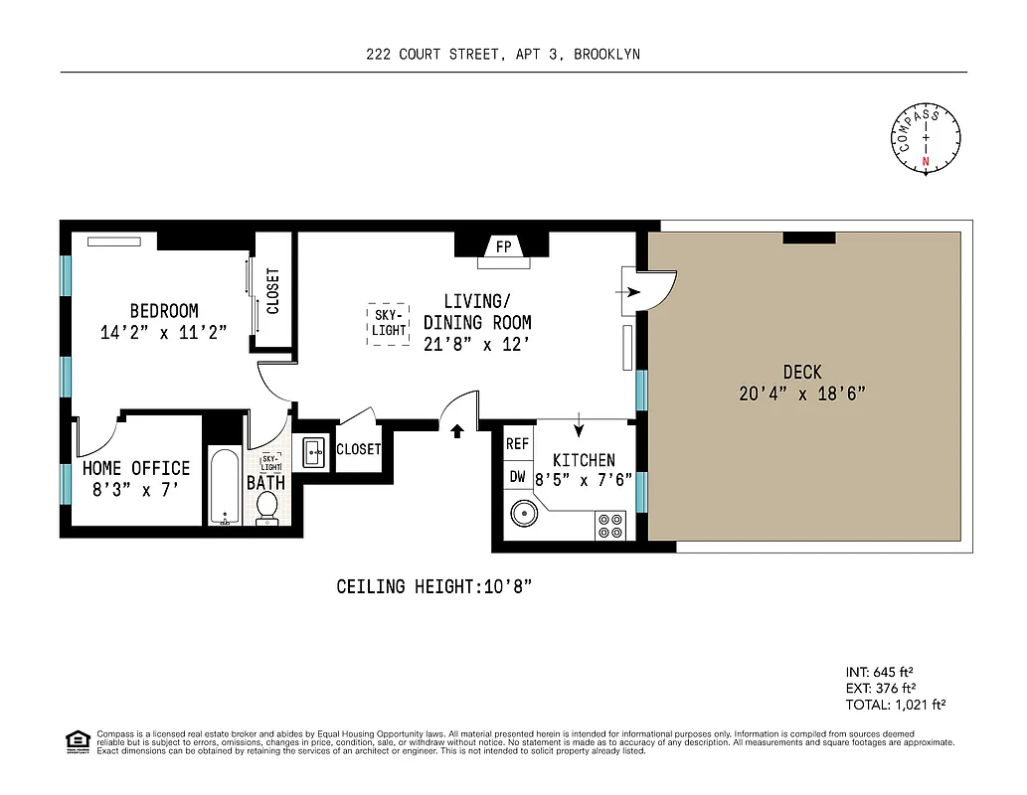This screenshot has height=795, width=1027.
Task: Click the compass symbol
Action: (926, 138)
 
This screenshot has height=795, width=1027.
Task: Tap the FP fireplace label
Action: (503, 245)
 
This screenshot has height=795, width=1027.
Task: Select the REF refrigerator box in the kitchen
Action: (517, 444)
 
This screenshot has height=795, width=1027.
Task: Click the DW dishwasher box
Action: (517, 476)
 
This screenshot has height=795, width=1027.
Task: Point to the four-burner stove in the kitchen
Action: (609, 525)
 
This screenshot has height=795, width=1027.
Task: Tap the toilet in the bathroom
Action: (266, 506)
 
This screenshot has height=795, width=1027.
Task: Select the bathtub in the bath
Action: (225, 486)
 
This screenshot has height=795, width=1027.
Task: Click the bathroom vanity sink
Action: (313, 453)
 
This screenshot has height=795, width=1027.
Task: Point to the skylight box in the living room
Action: (389, 324)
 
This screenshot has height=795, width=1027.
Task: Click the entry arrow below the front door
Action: (457, 431)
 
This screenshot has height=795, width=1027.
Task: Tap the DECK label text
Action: (801, 372)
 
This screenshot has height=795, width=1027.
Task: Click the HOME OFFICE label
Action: (136, 467)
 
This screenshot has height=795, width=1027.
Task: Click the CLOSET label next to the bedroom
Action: (273, 291)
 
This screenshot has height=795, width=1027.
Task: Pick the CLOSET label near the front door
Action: (358, 449)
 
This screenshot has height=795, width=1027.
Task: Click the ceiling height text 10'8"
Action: (434, 586)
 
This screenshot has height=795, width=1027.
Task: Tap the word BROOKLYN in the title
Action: (606, 55)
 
